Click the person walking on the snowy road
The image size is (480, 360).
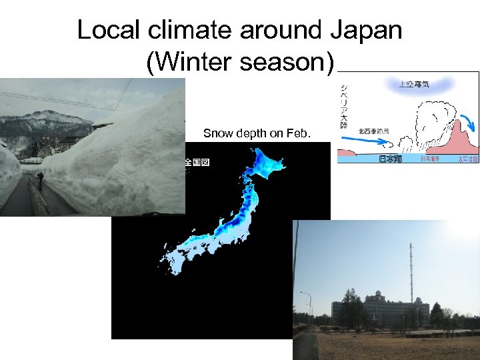[x=41, y=179]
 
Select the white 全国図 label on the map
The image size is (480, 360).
[x=197, y=163]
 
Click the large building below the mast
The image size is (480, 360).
[x=380, y=308]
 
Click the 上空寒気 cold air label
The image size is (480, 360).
[x=413, y=85]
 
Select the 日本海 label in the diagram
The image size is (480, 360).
[x=391, y=159]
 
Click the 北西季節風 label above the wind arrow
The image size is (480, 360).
[x=373, y=131]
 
